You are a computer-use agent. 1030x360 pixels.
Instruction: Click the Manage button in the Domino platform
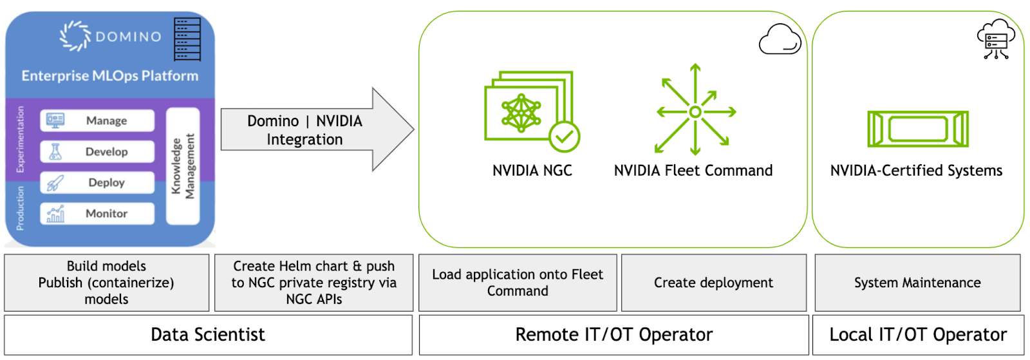click(98, 120)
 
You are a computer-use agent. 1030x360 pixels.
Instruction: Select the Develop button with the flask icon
click(98, 151)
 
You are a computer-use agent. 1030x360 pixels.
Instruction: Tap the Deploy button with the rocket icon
click(98, 182)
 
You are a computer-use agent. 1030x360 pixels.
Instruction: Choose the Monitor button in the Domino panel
click(98, 213)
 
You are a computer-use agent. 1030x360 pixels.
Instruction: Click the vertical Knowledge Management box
click(183, 166)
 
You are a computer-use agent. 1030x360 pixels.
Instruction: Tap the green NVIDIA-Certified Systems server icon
click(917, 128)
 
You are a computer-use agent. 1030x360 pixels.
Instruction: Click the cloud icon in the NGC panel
click(780, 39)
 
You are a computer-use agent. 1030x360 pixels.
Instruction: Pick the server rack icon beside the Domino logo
click(187, 39)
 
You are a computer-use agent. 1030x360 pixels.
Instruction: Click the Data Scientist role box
click(208, 335)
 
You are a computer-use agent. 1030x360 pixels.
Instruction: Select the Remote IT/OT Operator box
click(613, 335)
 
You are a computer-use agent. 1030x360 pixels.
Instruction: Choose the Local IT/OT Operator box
click(917, 335)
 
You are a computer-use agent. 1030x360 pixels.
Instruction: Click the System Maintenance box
click(917, 283)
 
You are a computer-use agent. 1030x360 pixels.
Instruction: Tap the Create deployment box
click(713, 283)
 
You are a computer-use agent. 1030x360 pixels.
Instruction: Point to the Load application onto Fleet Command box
click(518, 283)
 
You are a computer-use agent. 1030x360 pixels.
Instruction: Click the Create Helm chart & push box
click(314, 283)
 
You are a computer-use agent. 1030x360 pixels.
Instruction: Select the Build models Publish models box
click(106, 283)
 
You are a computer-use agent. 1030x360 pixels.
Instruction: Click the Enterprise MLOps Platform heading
click(110, 76)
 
